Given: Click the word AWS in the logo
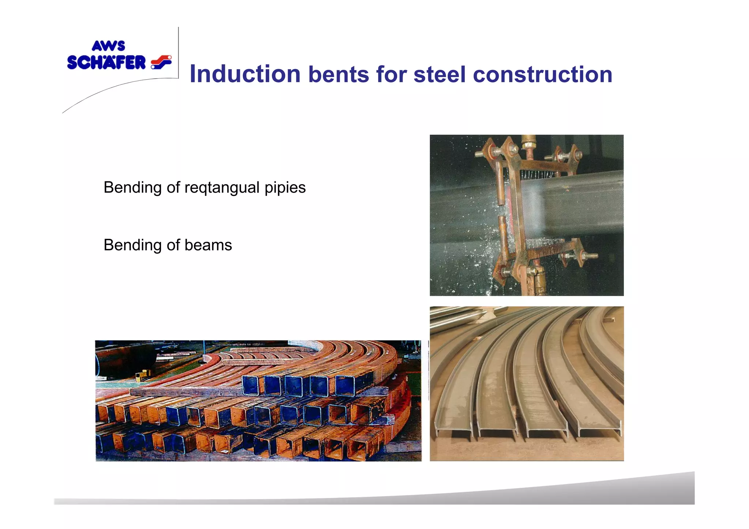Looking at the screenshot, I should [108, 46].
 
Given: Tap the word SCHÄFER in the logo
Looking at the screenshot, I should [106, 63].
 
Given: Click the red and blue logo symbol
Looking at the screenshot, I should [161, 62].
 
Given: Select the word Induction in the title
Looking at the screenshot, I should [245, 74].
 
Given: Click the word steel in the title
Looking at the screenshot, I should [439, 74].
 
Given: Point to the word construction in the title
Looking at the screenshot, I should [542, 74].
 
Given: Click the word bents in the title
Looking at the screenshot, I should [339, 74].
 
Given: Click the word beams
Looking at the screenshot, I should [208, 245].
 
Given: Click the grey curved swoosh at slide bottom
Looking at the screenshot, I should [549, 494].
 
